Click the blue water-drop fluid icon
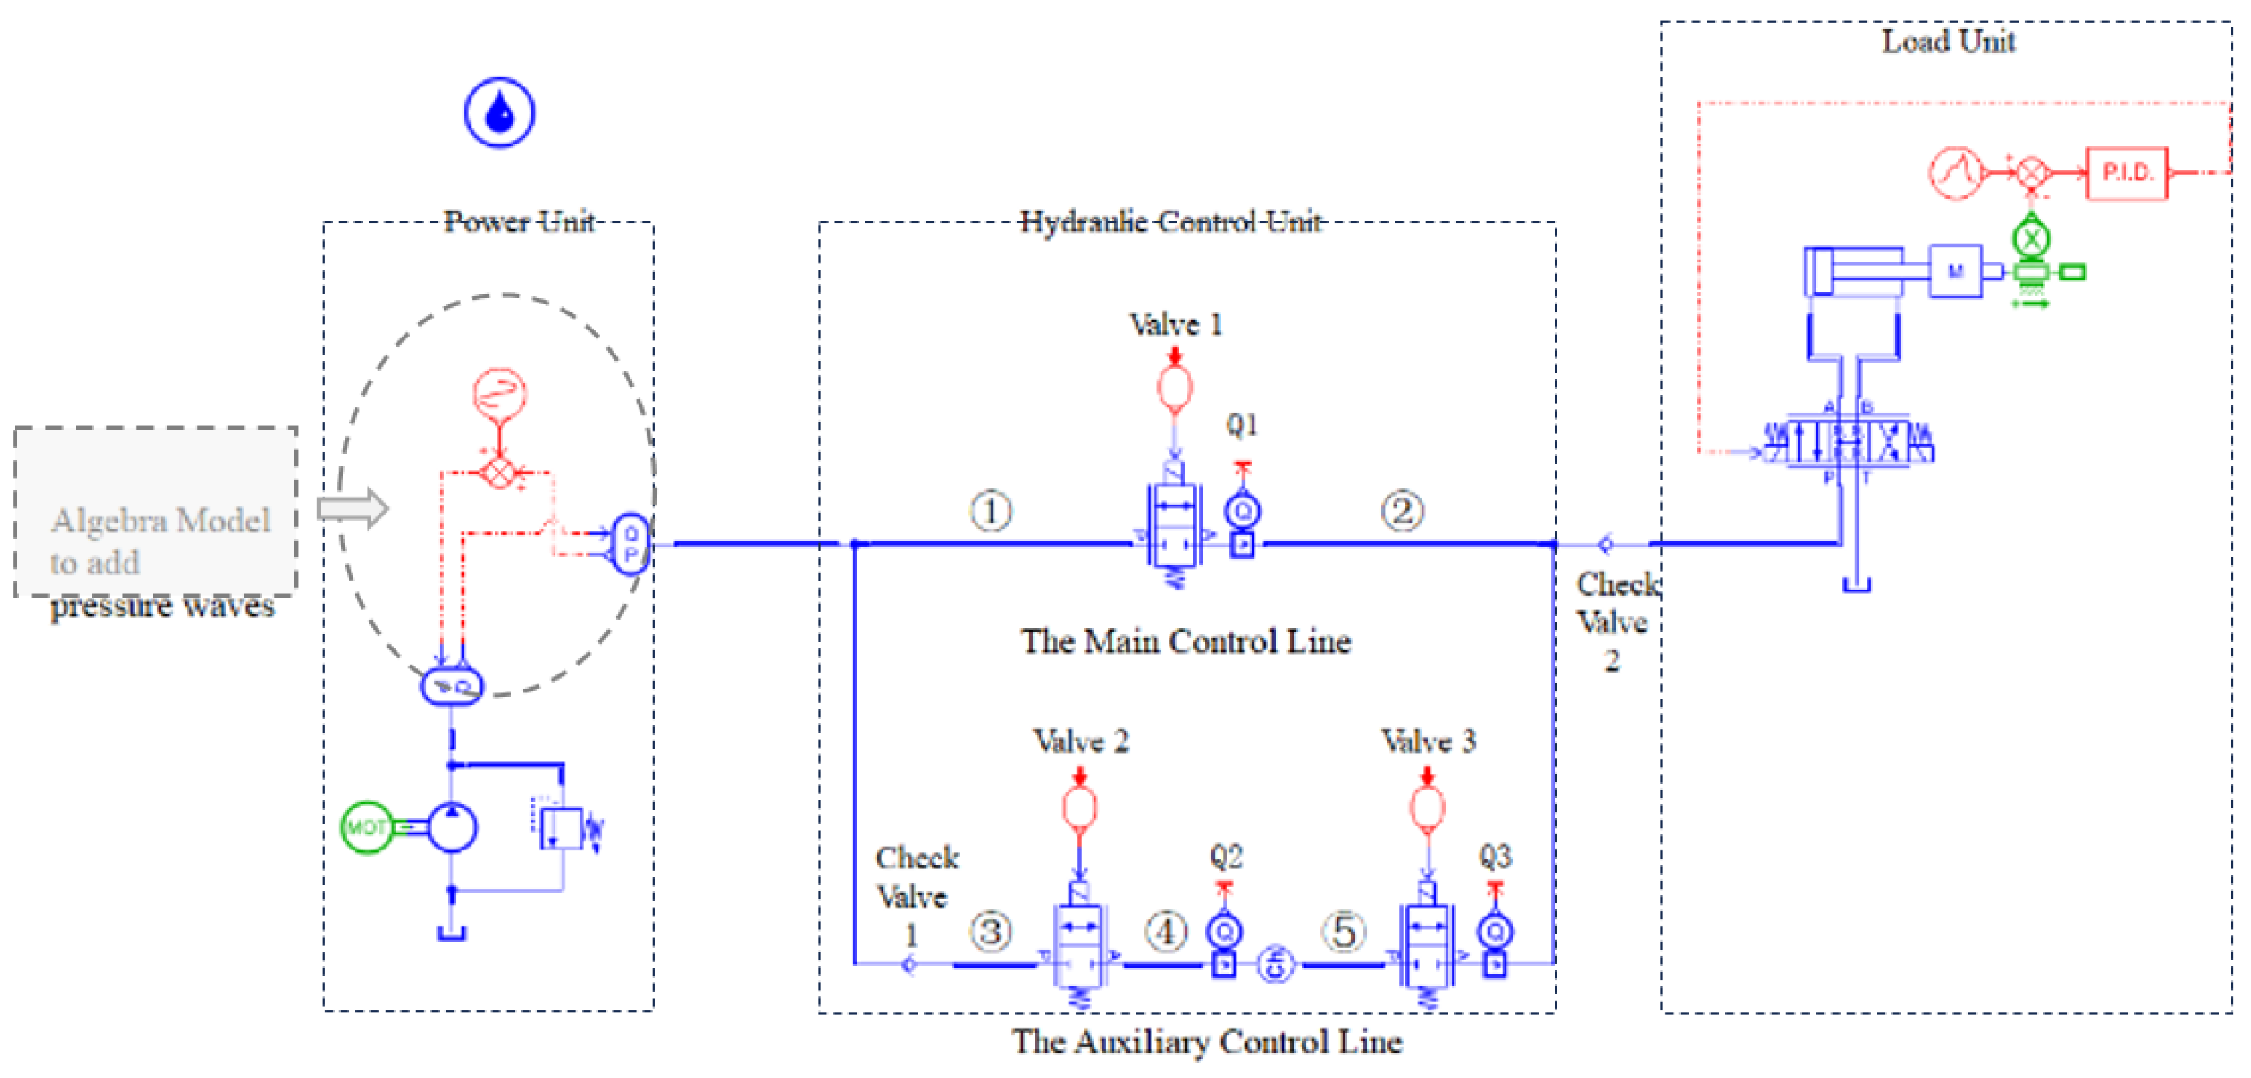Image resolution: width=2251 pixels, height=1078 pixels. pos(499,113)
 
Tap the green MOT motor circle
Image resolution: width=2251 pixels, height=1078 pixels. pos(366,826)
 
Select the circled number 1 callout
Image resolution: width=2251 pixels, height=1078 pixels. pos(991,511)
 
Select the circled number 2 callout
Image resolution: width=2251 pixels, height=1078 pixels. pos(1402,511)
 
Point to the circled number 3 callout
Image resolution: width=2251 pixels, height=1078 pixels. pos(990,931)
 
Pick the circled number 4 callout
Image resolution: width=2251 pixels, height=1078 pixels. pos(1165,931)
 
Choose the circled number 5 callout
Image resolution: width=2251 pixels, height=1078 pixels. pos(1344,931)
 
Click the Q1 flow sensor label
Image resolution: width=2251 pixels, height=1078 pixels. pos(1242,425)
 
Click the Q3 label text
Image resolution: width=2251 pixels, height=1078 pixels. pos(1495,856)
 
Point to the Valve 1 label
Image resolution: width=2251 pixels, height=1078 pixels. pos(1175,325)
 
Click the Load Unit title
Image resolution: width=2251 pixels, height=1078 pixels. pos(1948,41)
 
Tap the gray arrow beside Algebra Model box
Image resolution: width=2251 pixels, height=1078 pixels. pos(352,508)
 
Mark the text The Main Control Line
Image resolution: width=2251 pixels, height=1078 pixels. pos(1186,641)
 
